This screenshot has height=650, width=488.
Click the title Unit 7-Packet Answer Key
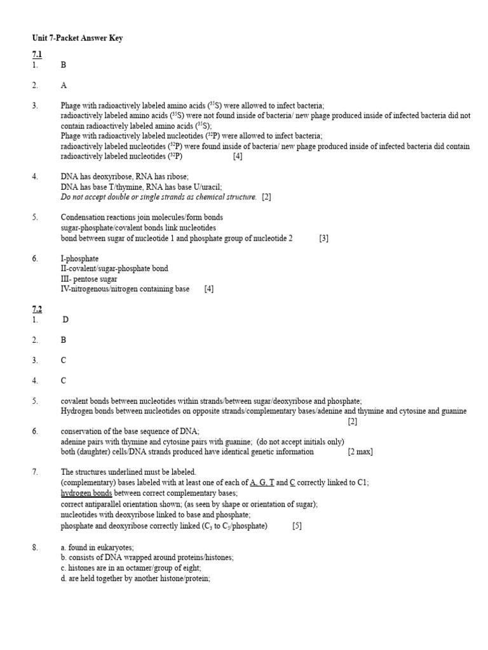pyautogui.click(x=78, y=38)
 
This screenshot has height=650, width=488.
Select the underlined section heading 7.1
pyautogui.click(x=37, y=55)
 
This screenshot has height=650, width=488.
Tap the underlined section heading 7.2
pyautogui.click(x=37, y=309)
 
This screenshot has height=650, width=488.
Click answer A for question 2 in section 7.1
pyautogui.click(x=64, y=85)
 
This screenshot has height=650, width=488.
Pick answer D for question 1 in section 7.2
pyautogui.click(x=65, y=319)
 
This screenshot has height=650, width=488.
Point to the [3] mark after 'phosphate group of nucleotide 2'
pyautogui.click(x=323, y=238)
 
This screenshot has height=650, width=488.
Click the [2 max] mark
pyautogui.click(x=360, y=451)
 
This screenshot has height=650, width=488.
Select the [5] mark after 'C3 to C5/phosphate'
pyautogui.click(x=297, y=526)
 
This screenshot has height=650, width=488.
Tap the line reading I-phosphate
pyautogui.click(x=79, y=258)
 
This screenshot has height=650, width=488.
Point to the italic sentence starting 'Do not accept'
pyautogui.click(x=159, y=197)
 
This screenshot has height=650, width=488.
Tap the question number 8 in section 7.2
pyautogui.click(x=35, y=547)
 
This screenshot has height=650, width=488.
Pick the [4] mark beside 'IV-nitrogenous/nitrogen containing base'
pyautogui.click(x=209, y=289)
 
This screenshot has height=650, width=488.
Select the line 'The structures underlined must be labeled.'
pyautogui.click(x=128, y=472)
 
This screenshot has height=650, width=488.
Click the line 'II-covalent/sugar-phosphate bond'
pyautogui.click(x=114, y=269)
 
